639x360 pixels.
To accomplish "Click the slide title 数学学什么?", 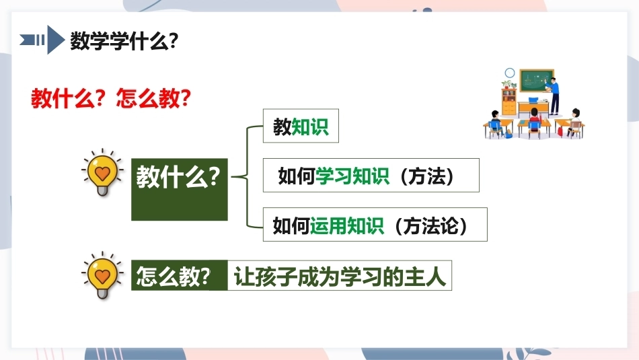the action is point(124,41).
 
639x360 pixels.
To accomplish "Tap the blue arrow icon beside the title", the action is point(42,40).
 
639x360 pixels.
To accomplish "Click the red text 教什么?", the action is point(69,98).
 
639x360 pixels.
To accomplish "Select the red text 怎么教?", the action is point(153,98).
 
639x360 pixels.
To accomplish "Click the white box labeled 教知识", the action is point(301,126).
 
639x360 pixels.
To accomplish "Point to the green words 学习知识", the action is point(352,176).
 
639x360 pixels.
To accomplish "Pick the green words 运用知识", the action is point(347,225).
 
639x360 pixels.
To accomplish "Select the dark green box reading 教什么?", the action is point(180,190).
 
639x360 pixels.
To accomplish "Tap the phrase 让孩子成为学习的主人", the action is point(340,277).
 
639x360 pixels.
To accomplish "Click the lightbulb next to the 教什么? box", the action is point(102,173).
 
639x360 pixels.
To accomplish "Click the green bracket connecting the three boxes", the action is point(247,176).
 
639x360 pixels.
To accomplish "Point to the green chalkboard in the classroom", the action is point(537,80).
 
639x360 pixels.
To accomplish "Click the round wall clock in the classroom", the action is point(510,73).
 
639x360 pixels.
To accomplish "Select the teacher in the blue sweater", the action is point(553,95).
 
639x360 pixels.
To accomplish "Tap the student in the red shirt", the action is point(534,119).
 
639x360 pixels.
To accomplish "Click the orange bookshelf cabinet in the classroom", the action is point(509,102).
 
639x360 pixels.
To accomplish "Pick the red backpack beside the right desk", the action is point(560,131).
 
